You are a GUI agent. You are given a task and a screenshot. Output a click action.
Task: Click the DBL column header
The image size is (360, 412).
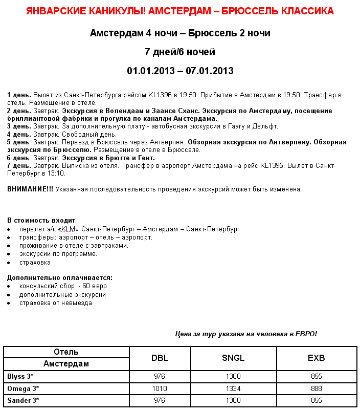point(160,358)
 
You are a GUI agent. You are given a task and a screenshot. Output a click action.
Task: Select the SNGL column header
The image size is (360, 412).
point(233,358)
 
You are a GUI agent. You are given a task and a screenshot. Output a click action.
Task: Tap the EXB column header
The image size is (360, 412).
point(316,358)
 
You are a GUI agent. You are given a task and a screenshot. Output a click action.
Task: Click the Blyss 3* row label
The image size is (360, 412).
point(20,376)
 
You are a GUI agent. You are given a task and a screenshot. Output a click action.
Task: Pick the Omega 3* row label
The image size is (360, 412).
point(22,388)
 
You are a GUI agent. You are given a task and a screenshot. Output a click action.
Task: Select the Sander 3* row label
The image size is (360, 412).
point(23,400)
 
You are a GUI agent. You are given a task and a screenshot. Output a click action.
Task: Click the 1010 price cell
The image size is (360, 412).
point(160,388)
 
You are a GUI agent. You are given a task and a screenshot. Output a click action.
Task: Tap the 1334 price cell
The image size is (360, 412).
point(233,388)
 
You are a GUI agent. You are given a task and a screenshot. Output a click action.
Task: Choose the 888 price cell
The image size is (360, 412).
point(316,388)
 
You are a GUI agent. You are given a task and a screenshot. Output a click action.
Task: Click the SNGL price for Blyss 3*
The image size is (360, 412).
point(233,376)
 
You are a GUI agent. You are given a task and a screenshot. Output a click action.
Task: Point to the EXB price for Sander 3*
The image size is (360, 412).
point(316,400)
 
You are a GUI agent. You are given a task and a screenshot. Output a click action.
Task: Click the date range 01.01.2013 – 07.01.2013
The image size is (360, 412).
point(180,71)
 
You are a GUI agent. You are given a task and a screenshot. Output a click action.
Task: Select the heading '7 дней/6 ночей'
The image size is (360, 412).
point(180,52)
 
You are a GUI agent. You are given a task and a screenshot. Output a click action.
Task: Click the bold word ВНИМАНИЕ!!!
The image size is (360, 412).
point(30,189)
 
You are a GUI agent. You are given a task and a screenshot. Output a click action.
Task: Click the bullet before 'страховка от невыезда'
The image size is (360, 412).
point(9,303)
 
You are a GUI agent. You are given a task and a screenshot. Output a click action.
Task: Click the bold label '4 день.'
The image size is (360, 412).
point(19,134)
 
